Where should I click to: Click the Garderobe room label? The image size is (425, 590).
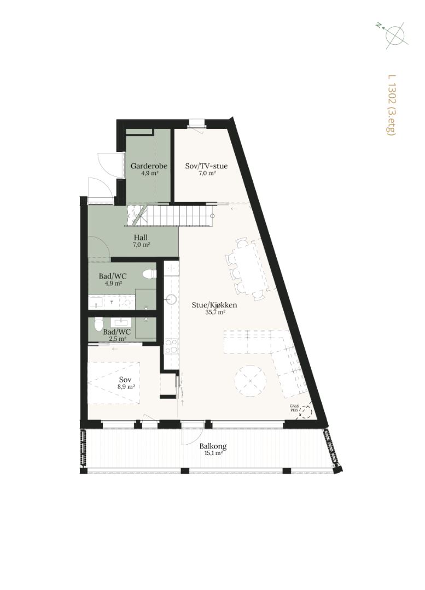click(x=149, y=166)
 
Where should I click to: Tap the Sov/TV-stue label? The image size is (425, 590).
click(x=206, y=166)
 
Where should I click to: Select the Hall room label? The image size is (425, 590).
click(x=141, y=238)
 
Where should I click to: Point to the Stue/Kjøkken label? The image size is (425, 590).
click(x=214, y=305)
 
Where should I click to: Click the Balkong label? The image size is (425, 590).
click(x=213, y=446)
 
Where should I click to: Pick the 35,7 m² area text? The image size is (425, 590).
click(x=215, y=312)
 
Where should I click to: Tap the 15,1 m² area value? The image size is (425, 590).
click(x=213, y=453)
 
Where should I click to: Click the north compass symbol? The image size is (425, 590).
click(x=393, y=34)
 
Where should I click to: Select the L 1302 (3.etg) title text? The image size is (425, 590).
click(x=392, y=105)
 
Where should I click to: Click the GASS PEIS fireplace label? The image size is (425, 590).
click(x=294, y=408)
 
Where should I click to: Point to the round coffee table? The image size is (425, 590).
click(x=251, y=381)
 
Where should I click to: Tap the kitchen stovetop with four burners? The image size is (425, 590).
click(x=171, y=346)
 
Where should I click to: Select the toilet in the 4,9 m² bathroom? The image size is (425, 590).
click(x=149, y=274)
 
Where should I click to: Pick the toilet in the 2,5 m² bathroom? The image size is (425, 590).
click(x=98, y=324)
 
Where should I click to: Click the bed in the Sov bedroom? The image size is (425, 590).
click(x=114, y=383)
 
